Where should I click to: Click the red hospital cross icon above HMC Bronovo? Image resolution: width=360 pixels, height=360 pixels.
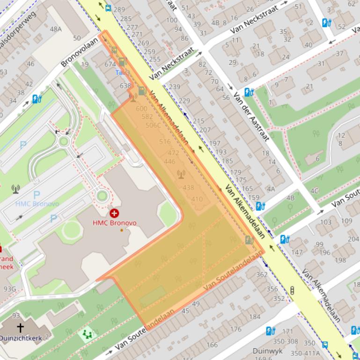coord(114,213)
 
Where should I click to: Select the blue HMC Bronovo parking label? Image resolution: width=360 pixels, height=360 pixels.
coord(37,204)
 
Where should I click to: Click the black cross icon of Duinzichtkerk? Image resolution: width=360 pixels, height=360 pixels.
coord(20,327)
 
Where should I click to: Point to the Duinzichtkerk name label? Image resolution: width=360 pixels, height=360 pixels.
coord(21,338)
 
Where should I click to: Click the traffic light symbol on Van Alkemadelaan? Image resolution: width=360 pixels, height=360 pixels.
coord(293,290)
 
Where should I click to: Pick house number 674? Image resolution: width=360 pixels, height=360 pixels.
coord(110,64)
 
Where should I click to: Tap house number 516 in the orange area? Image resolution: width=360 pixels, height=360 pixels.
coord(165,142)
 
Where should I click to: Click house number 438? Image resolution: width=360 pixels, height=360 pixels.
coord(188,187)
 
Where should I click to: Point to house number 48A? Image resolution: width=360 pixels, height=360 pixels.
coord(56,29)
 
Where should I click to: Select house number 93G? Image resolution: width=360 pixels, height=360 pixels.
coord(9,289)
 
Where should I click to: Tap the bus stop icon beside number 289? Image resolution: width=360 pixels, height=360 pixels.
coord(108,8)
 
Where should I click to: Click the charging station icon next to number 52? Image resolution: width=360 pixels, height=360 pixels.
coord(326,22)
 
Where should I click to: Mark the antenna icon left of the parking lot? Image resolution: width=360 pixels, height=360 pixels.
coord(15,189)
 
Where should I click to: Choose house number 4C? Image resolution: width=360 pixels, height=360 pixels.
coord(314,191)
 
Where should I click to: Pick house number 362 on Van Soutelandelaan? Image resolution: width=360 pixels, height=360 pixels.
coord(262,274)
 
